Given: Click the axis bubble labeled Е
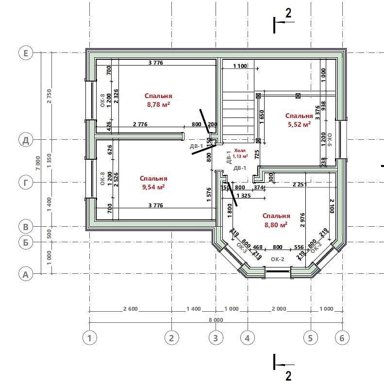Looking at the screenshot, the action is [26, 53].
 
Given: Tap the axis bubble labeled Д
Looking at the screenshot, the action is [26, 140].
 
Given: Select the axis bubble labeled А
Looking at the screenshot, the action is [26, 274].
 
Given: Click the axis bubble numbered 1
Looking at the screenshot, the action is [90, 338].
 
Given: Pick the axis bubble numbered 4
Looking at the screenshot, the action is [248, 338].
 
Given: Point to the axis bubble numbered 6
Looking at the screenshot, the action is [342, 338].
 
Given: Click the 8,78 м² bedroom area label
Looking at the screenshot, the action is [158, 100].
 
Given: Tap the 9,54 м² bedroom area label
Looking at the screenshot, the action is [153, 183].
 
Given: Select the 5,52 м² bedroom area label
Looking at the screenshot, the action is [299, 120].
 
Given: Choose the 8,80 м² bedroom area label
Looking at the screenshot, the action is [276, 220].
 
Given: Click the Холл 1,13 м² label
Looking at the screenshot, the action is [240, 153].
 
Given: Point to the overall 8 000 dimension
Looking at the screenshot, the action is [216, 320].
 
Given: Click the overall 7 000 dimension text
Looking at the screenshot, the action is [38, 163].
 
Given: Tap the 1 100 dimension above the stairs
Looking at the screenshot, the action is [240, 66].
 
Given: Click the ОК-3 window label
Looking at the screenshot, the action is [242, 248].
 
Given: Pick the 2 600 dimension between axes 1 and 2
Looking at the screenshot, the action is [131, 309].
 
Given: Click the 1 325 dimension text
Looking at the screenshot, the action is [244, 196].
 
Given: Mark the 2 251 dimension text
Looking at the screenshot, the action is [300, 184].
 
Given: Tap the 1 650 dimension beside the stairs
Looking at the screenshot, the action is [262, 117].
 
